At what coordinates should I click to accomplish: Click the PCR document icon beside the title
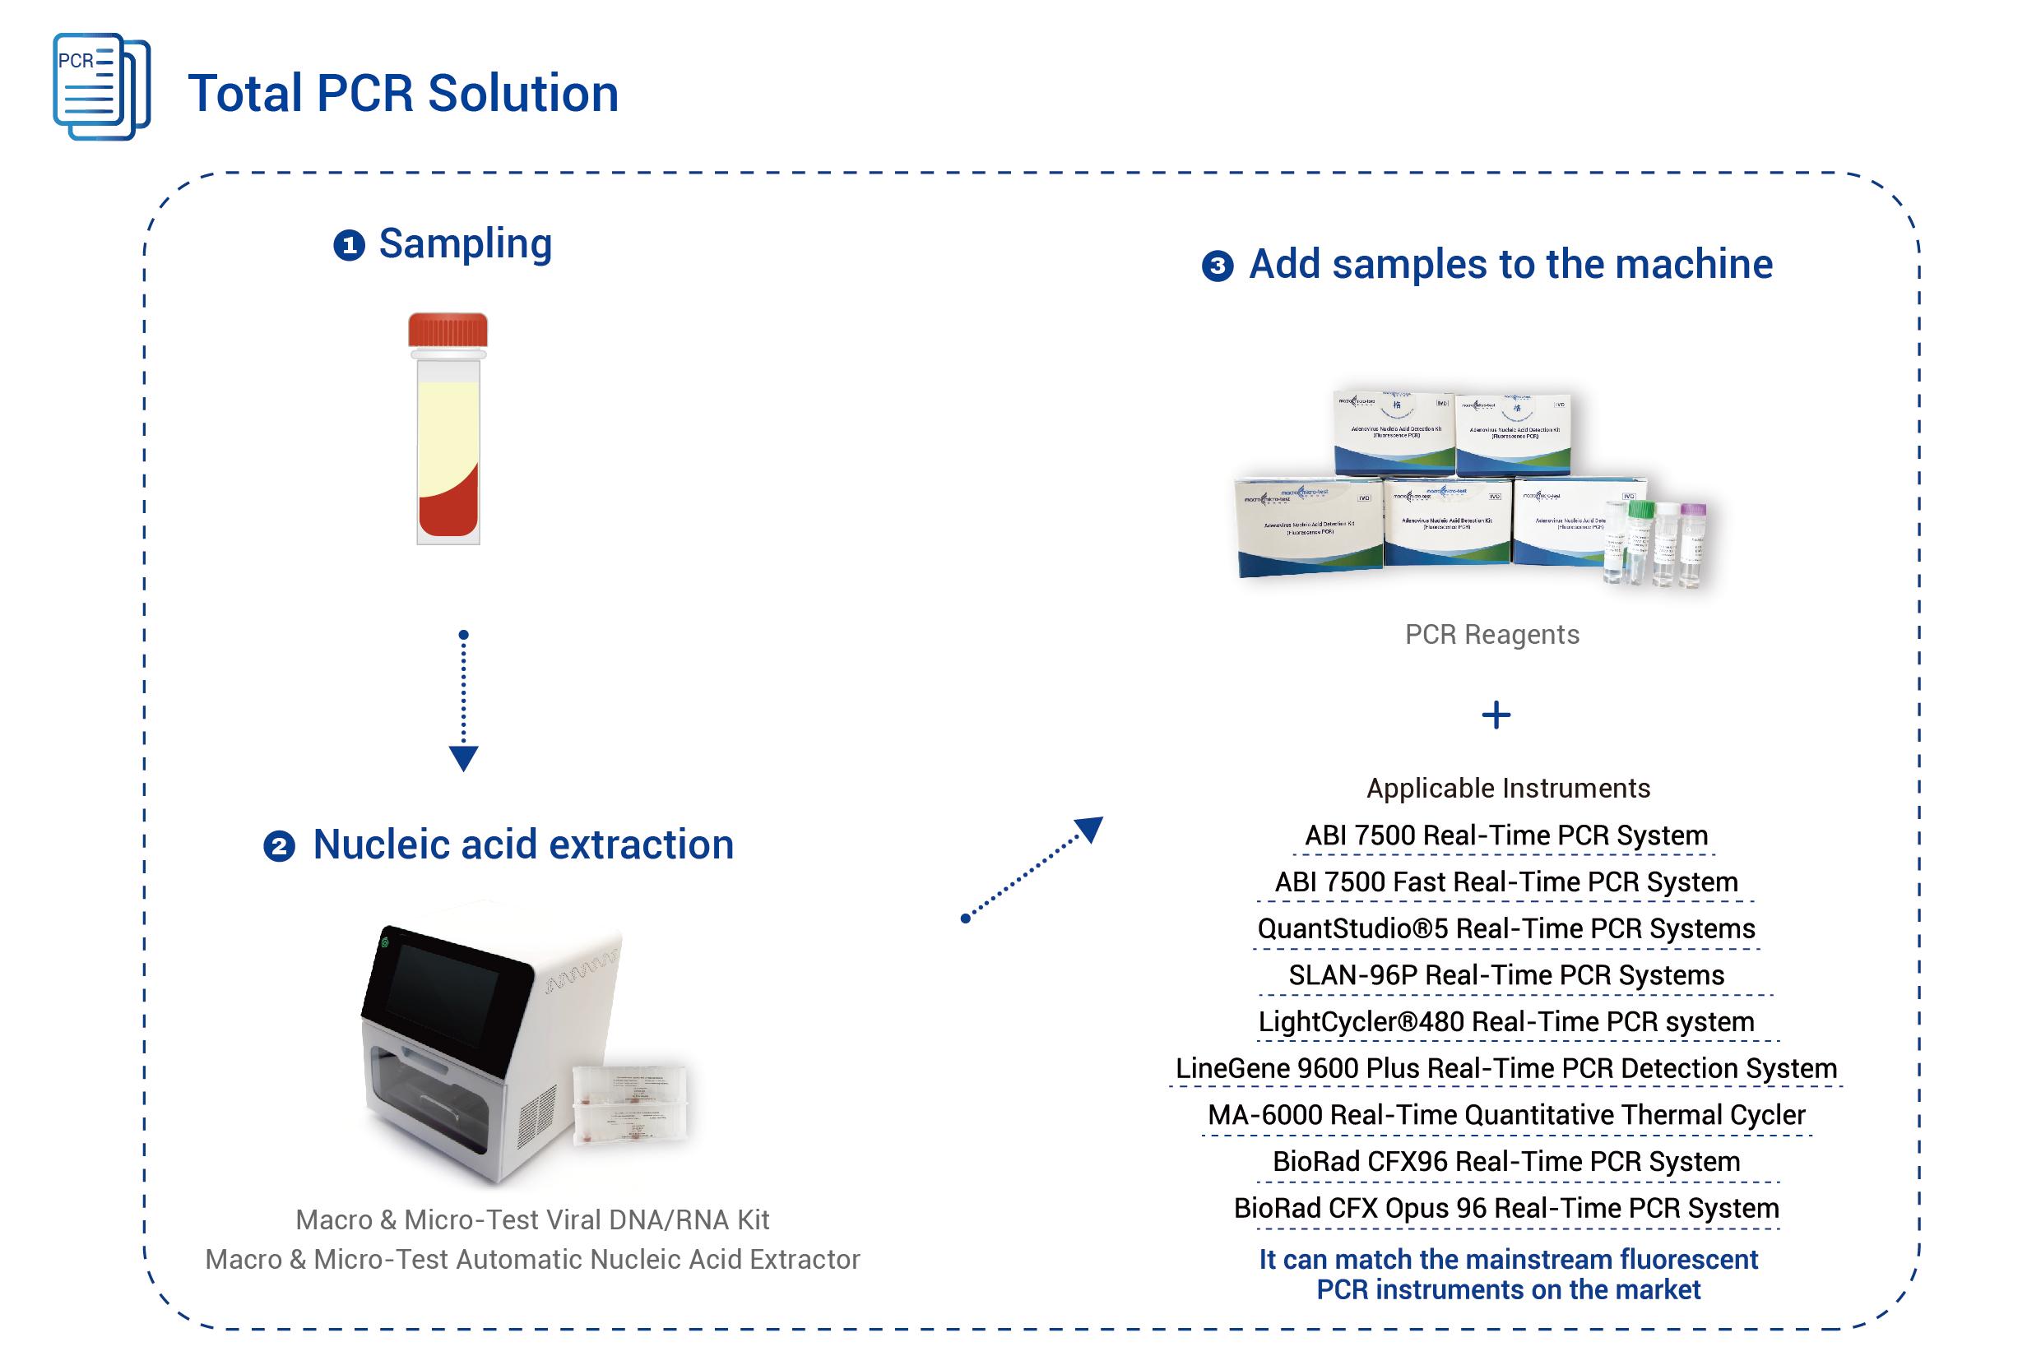pos(101,86)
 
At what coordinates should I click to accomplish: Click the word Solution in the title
pos(522,94)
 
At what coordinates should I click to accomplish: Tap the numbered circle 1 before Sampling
pos(349,246)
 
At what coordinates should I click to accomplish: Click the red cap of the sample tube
pos(448,330)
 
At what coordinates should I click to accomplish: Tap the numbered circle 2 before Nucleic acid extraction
pos(279,846)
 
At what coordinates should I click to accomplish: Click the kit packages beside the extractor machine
pos(629,1103)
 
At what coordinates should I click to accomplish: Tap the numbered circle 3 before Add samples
pos(1218,266)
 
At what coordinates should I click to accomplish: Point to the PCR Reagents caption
pos(1491,635)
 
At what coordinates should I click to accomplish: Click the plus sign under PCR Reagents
pos(1496,715)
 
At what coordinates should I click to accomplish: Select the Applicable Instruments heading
pos(1508,788)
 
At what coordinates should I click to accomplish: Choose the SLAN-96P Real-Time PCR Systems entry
pos(1506,975)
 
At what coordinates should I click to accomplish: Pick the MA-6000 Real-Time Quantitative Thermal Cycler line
pos(1506,1115)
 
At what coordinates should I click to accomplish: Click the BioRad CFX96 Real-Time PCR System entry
pos(1506,1161)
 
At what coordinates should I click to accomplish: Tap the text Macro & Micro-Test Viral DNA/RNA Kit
pos(532,1219)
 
